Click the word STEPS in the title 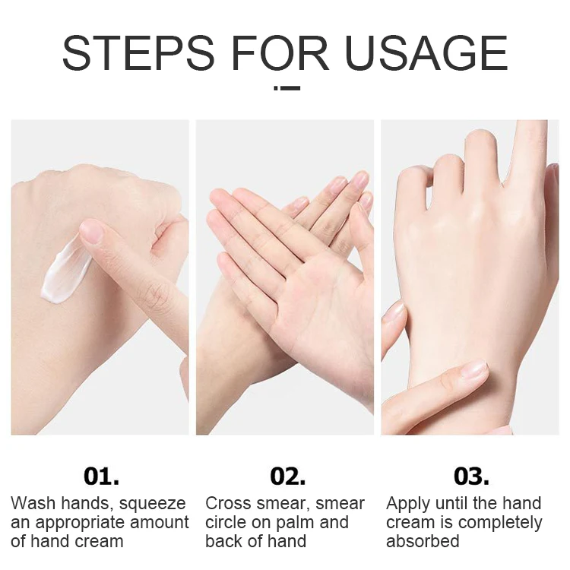pos(138,53)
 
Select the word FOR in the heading pos(280,53)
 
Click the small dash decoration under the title pos(287,88)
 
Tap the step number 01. pos(101,477)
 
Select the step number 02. pos(287,477)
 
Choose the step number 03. pos(471,477)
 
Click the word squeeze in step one pos(152,505)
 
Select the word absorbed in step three pos(423,541)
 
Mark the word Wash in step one pos(33,504)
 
